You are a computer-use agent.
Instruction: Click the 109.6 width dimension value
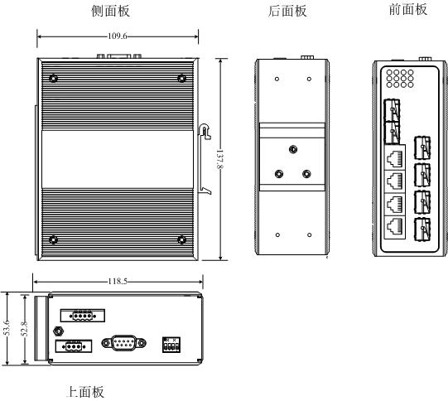point(117,36)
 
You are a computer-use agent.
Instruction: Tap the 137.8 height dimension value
point(219,159)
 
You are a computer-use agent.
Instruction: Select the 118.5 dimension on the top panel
point(118,282)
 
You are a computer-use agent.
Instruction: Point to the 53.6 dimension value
point(7,328)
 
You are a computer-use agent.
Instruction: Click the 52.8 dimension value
point(24,328)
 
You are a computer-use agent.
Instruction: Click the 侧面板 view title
point(111,11)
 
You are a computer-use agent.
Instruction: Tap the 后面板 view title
point(287,11)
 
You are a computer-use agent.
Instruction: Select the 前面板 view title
point(408,9)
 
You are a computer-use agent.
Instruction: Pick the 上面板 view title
point(85,392)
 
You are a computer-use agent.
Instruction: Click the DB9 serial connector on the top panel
point(123,343)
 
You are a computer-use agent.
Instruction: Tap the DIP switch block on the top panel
point(171,345)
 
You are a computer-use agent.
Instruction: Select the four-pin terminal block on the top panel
point(82,316)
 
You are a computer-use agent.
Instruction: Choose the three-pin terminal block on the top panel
point(74,346)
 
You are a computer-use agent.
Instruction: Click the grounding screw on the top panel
point(59,331)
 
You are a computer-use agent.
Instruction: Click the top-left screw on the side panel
point(53,79)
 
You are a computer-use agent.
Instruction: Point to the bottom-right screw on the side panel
point(181,239)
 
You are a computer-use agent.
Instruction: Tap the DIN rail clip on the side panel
point(205,157)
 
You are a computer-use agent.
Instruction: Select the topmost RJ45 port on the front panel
point(395,157)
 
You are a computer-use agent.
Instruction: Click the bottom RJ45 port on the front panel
point(395,228)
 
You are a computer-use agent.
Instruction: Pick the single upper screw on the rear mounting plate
point(293,149)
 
